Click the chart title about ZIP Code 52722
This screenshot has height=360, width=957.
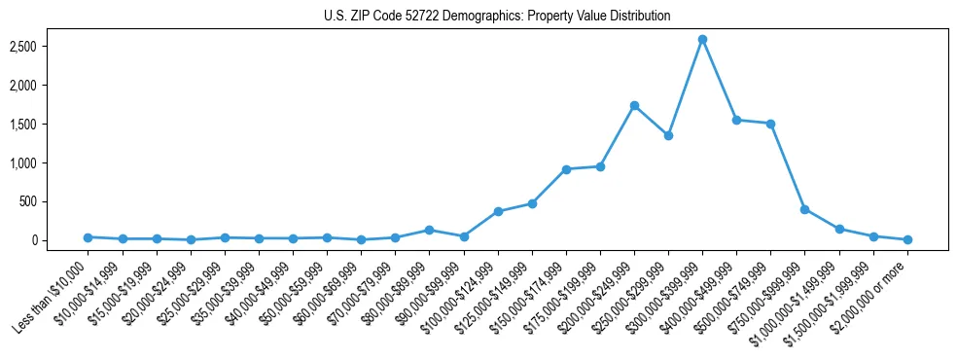[497, 17]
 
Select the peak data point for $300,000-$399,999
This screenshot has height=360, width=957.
[702, 39]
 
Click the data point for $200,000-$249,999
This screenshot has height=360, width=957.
[634, 105]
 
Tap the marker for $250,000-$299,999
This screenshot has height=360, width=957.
[668, 135]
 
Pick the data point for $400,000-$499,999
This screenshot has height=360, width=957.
[736, 120]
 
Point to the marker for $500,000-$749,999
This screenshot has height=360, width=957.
[770, 124]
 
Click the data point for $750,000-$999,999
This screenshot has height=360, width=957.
[804, 209]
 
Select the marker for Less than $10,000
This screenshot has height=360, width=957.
[88, 237]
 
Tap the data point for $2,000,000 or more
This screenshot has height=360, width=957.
[907, 239]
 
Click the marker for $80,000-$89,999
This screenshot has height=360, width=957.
[429, 230]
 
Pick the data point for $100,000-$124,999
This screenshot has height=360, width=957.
[498, 211]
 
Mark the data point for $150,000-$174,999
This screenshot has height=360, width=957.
[566, 169]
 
